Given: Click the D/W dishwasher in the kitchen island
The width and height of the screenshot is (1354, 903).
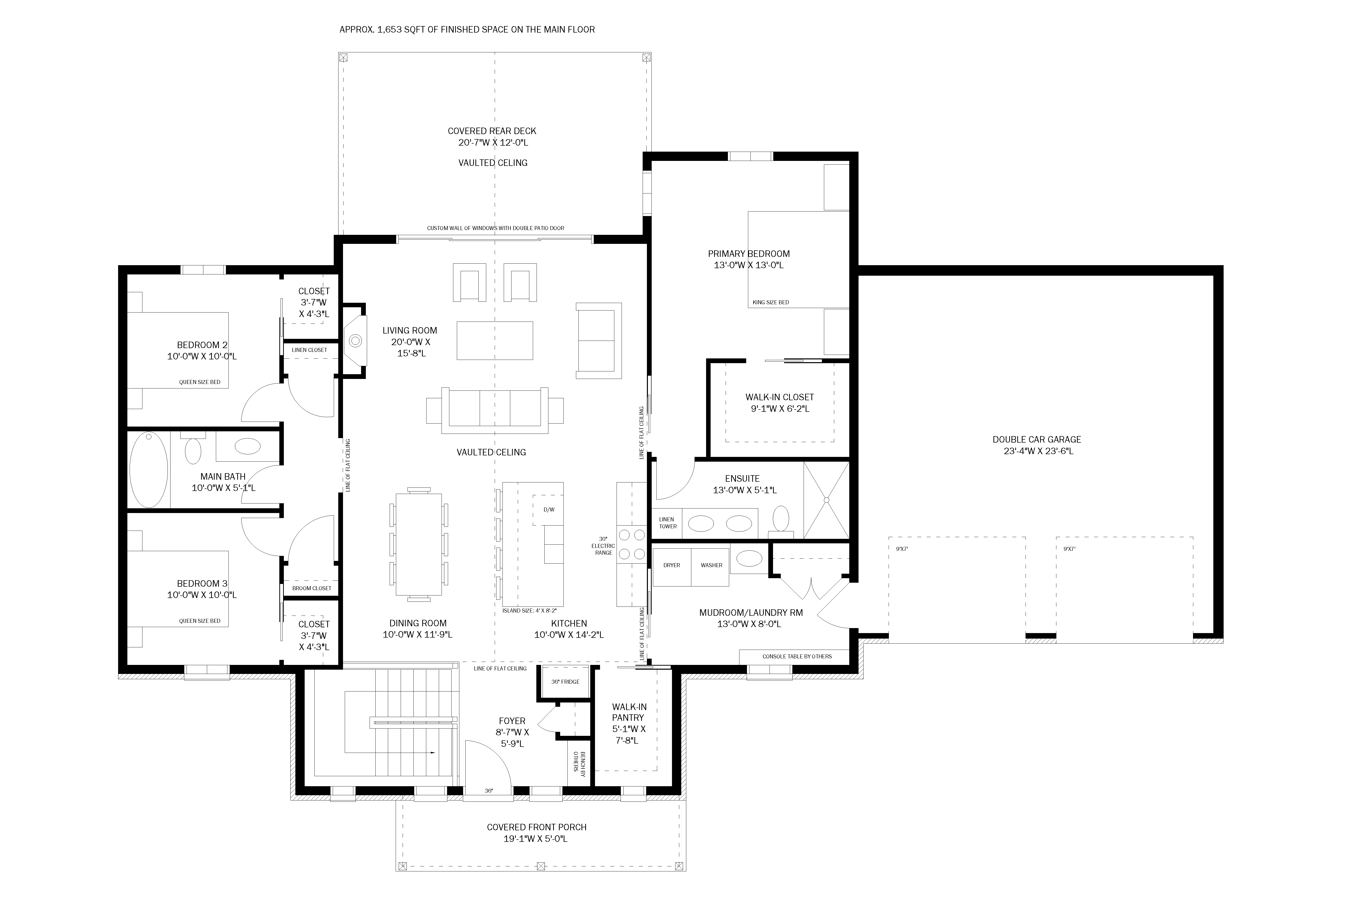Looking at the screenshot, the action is [x=549, y=510].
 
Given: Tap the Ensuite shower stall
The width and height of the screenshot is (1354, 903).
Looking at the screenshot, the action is [x=826, y=500].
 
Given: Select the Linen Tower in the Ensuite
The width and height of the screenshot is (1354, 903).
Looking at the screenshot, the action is [x=667, y=523].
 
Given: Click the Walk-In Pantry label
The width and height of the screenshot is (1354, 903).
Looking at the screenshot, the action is [x=629, y=723].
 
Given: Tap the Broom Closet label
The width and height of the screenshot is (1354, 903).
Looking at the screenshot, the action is [x=312, y=588].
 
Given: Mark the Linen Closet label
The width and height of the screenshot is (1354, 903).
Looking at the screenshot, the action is [x=309, y=350].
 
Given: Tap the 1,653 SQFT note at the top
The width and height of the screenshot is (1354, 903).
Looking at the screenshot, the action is [x=467, y=29].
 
